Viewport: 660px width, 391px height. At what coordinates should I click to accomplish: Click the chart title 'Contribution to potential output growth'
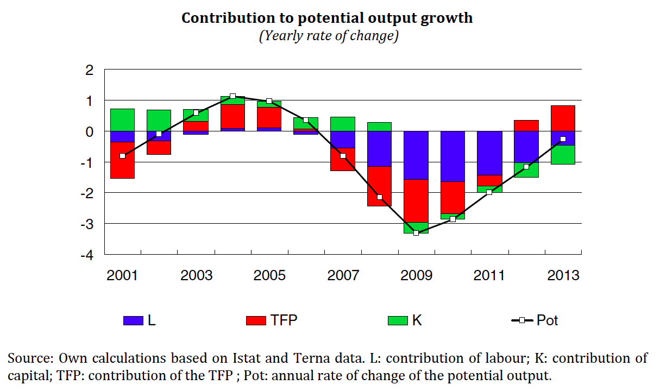tap(327, 18)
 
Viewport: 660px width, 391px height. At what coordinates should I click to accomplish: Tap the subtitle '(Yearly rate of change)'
tap(329, 36)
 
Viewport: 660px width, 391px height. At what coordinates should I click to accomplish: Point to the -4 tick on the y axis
tap(86, 254)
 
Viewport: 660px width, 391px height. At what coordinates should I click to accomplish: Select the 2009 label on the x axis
tap(416, 275)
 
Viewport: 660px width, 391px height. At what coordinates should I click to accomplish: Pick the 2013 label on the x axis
tap(563, 275)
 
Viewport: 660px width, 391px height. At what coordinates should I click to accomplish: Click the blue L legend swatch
tap(133, 320)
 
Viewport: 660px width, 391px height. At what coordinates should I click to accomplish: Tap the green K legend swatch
tap(398, 320)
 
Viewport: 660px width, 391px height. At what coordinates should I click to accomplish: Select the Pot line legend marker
tap(522, 320)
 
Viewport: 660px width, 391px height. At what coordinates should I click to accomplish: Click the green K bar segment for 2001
tap(122, 119)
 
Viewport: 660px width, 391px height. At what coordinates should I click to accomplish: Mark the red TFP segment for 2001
tap(122, 160)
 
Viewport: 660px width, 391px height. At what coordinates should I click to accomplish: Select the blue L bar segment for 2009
tap(416, 155)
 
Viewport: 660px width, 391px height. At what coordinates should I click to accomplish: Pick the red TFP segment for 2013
tap(563, 118)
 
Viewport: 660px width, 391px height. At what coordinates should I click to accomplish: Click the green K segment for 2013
tap(563, 155)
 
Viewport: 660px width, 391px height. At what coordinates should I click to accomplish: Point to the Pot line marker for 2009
tap(416, 233)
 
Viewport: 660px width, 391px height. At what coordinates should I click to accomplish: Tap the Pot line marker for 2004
tap(232, 96)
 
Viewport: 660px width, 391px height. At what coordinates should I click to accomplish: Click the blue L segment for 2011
tap(489, 153)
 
